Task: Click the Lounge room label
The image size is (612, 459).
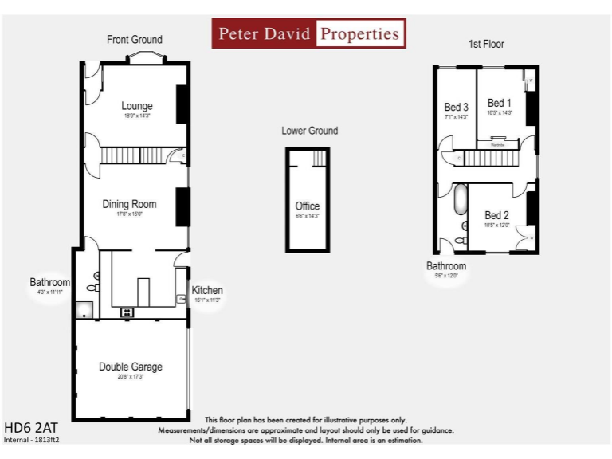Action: click(137, 106)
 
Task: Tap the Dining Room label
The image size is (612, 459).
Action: click(129, 204)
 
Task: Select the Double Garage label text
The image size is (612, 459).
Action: click(131, 367)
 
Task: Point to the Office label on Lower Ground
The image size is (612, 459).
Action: click(308, 206)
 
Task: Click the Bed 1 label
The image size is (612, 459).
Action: click(500, 103)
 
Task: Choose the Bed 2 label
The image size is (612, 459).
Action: click(496, 215)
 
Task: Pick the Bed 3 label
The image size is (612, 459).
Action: click(456, 107)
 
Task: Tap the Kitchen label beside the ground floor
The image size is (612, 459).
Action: click(207, 290)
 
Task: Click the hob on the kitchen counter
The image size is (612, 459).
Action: click(127, 312)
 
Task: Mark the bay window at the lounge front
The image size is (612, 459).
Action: click(144, 57)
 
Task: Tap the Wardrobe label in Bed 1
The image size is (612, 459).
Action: click(497, 144)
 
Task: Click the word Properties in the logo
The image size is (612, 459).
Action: click(359, 34)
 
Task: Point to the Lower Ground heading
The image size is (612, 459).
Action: click(309, 131)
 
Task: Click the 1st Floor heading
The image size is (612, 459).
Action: click(486, 44)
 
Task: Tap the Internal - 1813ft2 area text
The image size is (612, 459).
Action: click(32, 440)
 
